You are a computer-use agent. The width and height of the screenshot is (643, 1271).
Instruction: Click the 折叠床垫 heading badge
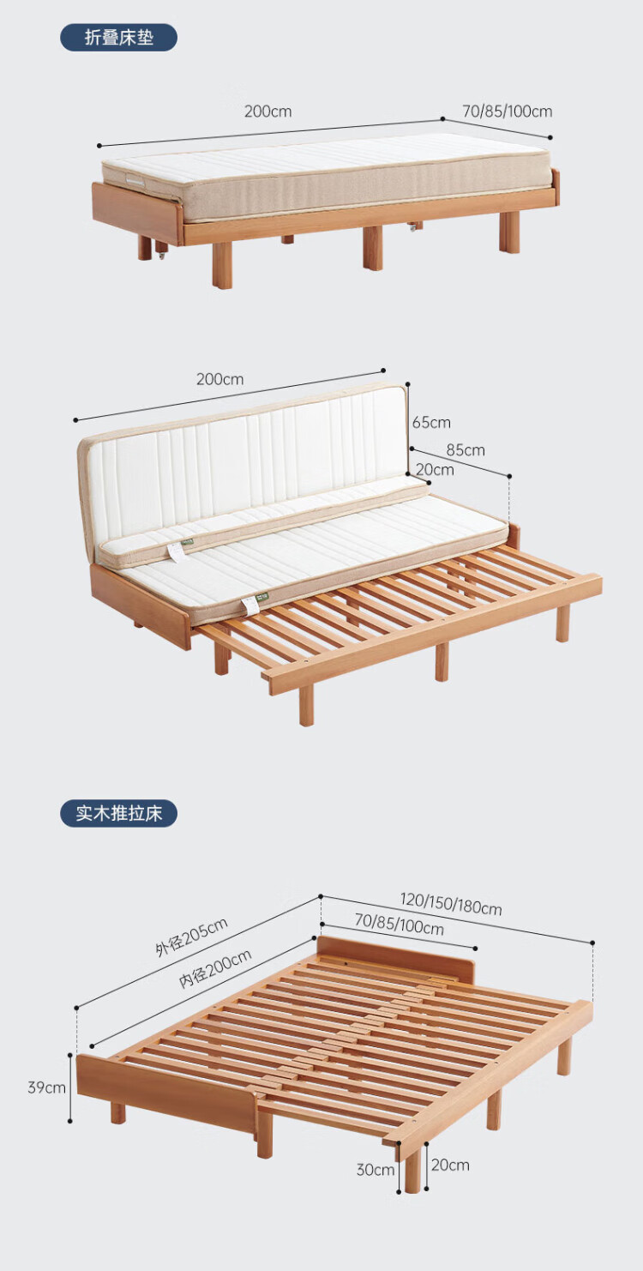(x=118, y=38)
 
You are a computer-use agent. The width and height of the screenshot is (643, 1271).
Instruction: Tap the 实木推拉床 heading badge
(x=118, y=813)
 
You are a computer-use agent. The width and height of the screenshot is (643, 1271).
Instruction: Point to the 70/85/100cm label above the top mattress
(x=508, y=111)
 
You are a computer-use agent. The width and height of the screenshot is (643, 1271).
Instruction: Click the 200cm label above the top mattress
(x=267, y=111)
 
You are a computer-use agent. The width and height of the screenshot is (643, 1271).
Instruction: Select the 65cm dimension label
(x=431, y=422)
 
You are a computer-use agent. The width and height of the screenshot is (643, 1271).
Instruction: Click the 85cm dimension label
(x=466, y=450)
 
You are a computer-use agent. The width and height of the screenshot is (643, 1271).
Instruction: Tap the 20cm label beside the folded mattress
(x=435, y=470)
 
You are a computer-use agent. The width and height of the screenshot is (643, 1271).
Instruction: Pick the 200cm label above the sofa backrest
(x=219, y=379)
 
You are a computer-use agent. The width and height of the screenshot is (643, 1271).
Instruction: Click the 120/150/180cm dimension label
(x=451, y=904)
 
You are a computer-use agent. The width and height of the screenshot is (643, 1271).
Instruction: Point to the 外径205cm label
(x=191, y=937)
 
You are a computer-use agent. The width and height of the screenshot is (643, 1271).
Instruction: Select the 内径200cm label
(x=215, y=970)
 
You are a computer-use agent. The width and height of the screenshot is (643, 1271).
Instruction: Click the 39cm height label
(x=46, y=1087)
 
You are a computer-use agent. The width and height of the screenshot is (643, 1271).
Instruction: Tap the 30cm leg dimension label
(x=376, y=1170)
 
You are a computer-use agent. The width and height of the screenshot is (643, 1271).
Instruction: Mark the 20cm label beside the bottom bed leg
(x=450, y=1165)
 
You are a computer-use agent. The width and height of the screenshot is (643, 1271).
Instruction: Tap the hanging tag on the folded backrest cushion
(x=176, y=553)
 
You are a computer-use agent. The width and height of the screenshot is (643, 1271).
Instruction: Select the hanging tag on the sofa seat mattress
(x=250, y=605)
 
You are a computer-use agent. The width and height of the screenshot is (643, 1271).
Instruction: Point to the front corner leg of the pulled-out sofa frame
(x=306, y=705)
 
